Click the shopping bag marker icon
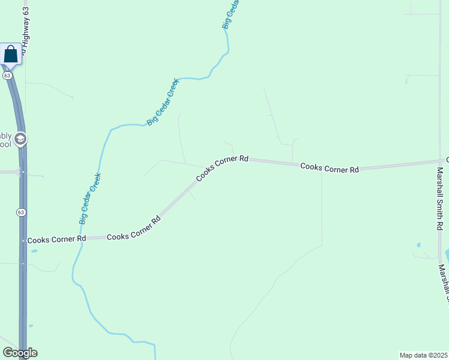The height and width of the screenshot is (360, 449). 11,54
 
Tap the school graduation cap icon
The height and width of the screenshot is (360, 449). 20,140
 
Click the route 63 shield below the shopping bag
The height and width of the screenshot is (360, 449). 7,76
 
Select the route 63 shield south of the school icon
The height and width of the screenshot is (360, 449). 21,212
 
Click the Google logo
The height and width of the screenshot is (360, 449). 20,353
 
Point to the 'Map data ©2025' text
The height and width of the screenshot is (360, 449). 423,355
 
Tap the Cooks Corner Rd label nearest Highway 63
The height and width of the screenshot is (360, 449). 56,238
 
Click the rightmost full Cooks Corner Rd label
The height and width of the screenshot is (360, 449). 330,167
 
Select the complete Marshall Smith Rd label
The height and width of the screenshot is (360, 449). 439,199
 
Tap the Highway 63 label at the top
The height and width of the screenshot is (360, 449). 25,30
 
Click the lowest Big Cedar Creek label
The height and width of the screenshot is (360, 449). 90,199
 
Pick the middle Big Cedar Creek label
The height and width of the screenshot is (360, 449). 163,102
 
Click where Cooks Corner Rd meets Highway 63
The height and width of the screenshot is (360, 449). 23,240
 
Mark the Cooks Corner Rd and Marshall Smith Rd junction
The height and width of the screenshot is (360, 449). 439,161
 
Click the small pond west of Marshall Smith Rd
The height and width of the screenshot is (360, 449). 418,245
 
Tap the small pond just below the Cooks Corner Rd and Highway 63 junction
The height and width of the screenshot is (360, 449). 34,251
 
